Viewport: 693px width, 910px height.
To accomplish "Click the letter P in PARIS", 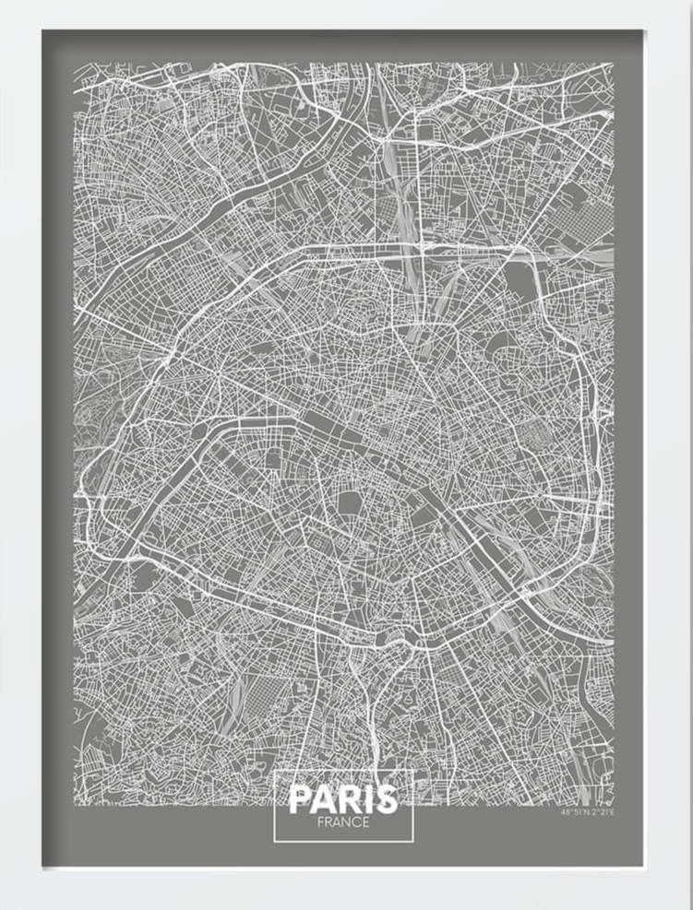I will tap(301, 799).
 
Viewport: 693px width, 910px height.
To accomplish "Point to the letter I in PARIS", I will tap(367, 799).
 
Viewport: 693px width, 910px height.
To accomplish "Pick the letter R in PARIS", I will tap(349, 799).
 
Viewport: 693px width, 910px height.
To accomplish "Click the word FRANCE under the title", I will tap(342, 821).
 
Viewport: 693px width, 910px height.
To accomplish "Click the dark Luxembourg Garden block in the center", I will tap(350, 503).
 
